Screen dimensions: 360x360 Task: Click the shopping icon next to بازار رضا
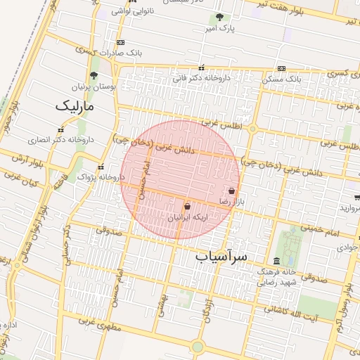tap(232, 191)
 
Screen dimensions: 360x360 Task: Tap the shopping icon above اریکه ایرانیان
tap(186, 207)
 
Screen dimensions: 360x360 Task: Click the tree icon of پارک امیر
tap(220, 18)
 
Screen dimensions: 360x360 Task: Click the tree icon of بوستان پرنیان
tap(94, 74)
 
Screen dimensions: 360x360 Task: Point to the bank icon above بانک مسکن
tap(281, 69)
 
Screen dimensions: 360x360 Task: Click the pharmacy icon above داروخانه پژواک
tap(102, 167)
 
